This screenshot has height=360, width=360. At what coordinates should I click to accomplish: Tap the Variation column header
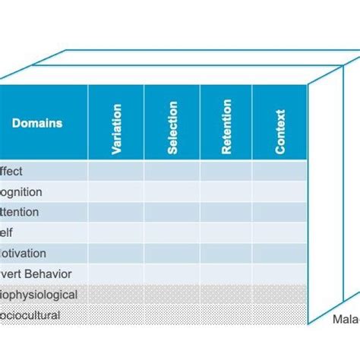[116, 122]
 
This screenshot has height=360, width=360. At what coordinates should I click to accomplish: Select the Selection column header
[172, 122]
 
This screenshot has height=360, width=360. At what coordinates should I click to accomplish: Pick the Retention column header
[226, 122]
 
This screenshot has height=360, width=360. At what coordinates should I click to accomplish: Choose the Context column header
[279, 122]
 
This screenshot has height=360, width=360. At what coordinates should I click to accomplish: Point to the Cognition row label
[21, 192]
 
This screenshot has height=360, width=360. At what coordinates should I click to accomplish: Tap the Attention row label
[20, 213]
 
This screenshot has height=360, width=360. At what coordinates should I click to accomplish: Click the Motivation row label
[23, 254]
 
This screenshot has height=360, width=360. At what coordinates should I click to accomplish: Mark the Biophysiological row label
[39, 295]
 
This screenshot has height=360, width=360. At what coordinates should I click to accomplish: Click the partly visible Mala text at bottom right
[346, 320]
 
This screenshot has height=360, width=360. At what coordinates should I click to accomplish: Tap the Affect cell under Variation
[116, 172]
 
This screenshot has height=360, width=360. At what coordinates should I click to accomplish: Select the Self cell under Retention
[226, 233]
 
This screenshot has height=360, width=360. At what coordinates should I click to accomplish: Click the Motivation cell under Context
[279, 254]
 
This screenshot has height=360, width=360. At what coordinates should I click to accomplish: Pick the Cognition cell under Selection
[172, 192]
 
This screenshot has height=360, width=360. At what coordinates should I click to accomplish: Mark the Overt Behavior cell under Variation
[116, 274]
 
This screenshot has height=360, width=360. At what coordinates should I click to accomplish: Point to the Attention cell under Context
[279, 213]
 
